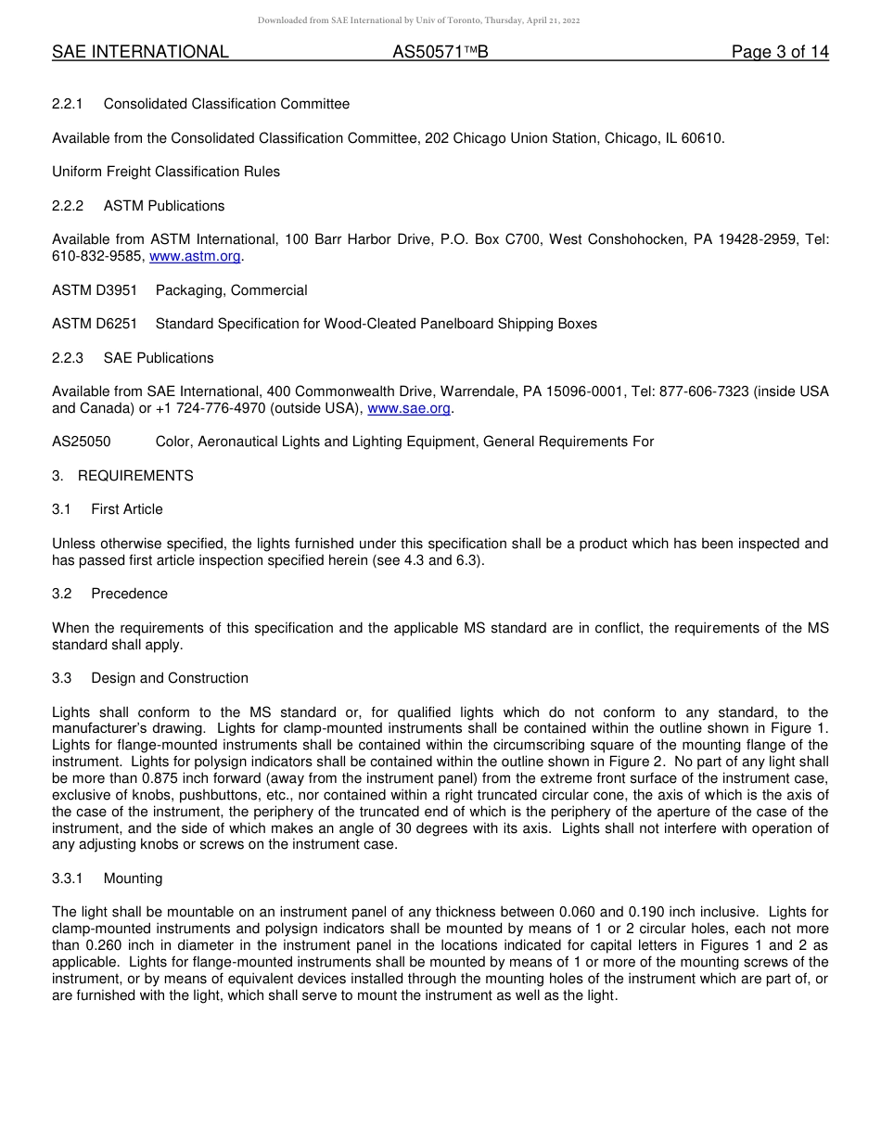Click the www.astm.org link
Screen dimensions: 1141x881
click(x=195, y=257)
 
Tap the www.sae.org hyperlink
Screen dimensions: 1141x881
click(x=409, y=409)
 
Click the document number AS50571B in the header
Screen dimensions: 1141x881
click(x=440, y=53)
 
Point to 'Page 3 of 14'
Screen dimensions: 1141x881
click(x=780, y=53)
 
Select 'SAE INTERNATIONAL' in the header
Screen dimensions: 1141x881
click(x=140, y=53)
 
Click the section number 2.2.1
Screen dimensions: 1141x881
click(x=68, y=105)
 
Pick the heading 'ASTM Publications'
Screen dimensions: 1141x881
click(x=164, y=206)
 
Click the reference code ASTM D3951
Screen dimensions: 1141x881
click(x=95, y=290)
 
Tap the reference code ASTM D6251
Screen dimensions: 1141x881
click(x=95, y=325)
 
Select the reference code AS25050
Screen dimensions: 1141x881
click(x=82, y=442)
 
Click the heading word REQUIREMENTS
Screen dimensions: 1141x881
click(x=135, y=476)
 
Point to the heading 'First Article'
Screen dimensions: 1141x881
click(x=127, y=510)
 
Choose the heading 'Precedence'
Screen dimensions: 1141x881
click(x=130, y=595)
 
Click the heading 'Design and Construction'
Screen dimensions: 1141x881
click(x=170, y=679)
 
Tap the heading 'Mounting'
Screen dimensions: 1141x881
click(x=133, y=879)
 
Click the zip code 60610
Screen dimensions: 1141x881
click(x=700, y=139)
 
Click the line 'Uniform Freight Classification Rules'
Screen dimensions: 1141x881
click(x=166, y=173)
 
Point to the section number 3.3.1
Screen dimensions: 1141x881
click(x=68, y=879)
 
